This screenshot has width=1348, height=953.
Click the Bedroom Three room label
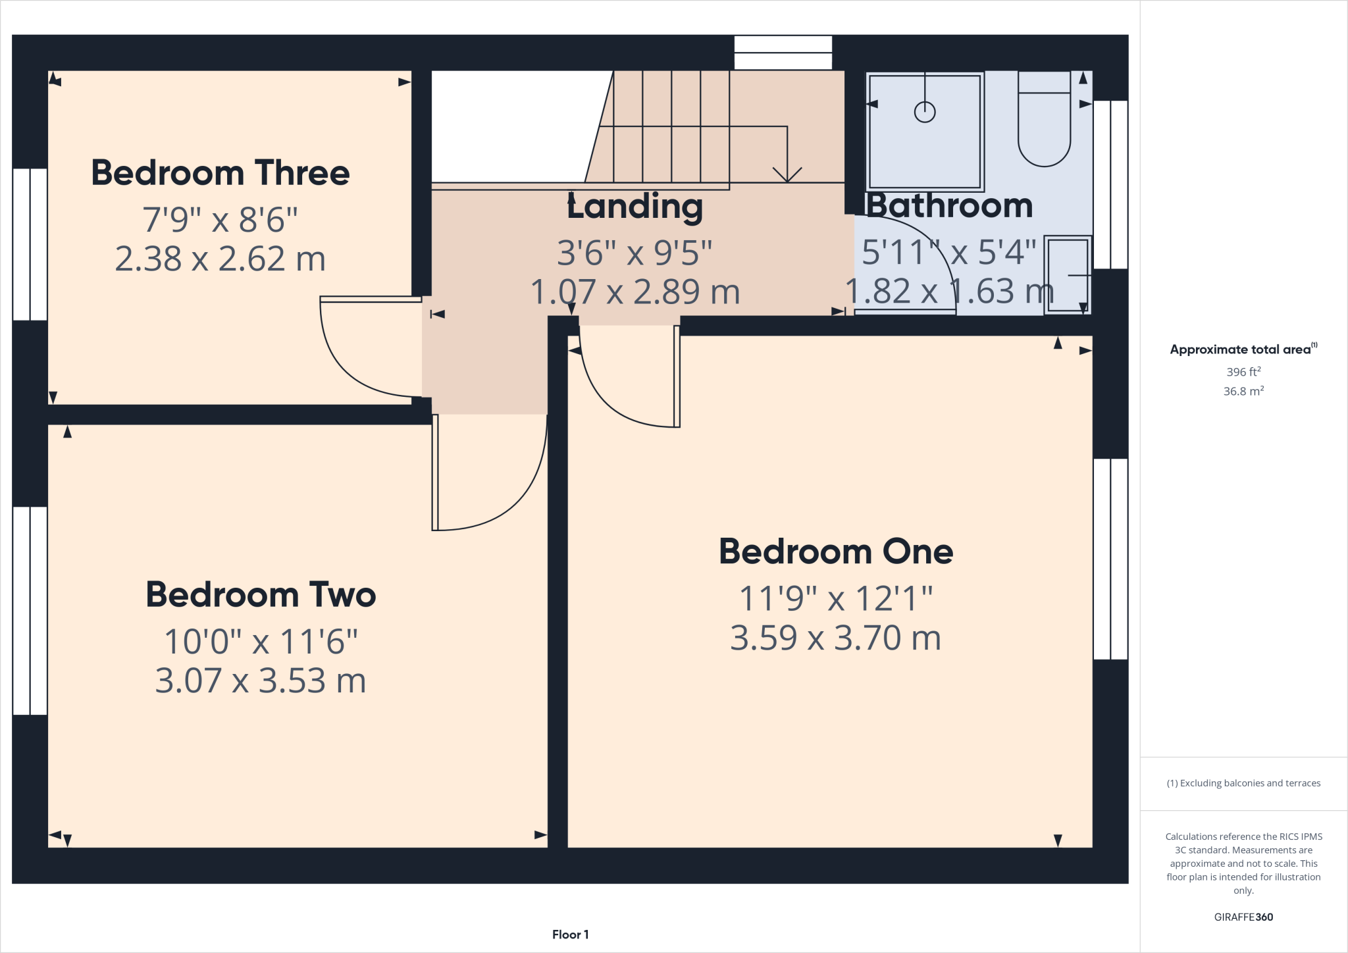click(220, 173)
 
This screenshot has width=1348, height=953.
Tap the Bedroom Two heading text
click(261, 594)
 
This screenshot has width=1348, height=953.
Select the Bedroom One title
click(835, 551)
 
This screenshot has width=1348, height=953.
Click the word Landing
click(635, 206)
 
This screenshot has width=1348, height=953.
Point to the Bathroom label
click(948, 205)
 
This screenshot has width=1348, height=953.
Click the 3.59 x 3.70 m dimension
click(835, 638)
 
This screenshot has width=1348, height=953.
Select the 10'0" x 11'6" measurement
click(261, 641)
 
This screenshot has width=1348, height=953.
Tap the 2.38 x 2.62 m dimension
click(220, 259)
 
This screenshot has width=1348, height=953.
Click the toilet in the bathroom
click(1044, 122)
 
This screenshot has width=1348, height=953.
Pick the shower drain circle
click(925, 112)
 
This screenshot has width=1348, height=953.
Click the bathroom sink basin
click(1067, 274)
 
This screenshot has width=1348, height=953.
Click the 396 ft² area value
click(1243, 372)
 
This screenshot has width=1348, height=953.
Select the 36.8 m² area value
click(1243, 391)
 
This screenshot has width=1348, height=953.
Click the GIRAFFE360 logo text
click(1243, 917)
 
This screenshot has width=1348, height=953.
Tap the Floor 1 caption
click(570, 935)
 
